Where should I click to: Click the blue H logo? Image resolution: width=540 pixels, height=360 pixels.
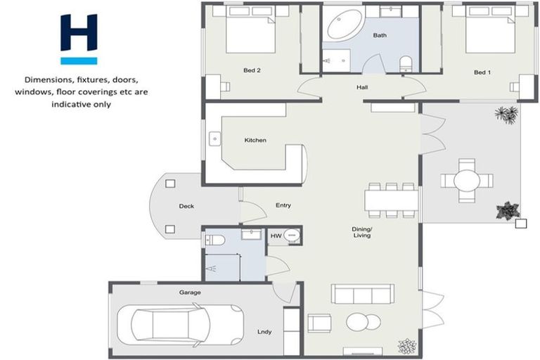pyautogui.click(x=79, y=39)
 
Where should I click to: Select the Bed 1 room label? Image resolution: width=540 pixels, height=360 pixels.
pyautogui.click(x=482, y=72)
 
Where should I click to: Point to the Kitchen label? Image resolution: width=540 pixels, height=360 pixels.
pyautogui.click(x=255, y=141)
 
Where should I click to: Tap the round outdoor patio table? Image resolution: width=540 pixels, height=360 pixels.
pyautogui.click(x=466, y=181)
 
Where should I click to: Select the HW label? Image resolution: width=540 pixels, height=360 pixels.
pyautogui.click(x=276, y=236)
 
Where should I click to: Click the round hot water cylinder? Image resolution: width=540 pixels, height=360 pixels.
pyautogui.click(x=292, y=236)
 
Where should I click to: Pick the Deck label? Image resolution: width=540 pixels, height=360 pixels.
pyautogui.click(x=186, y=206)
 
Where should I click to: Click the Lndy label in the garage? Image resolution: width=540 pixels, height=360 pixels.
pyautogui.click(x=264, y=332)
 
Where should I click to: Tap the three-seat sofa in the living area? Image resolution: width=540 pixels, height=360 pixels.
pyautogui.click(x=362, y=294)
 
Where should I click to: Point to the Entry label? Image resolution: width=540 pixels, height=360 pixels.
pyautogui.click(x=283, y=205)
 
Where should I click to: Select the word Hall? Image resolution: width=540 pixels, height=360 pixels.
pyautogui.click(x=362, y=87)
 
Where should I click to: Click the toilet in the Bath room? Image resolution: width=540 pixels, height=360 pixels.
pyautogui.click(x=406, y=64)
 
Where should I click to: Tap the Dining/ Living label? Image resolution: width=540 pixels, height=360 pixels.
pyautogui.click(x=362, y=232)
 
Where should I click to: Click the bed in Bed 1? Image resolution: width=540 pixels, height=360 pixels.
pyautogui.click(x=491, y=32)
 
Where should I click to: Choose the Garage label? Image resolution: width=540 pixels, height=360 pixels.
pyautogui.click(x=189, y=292)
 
